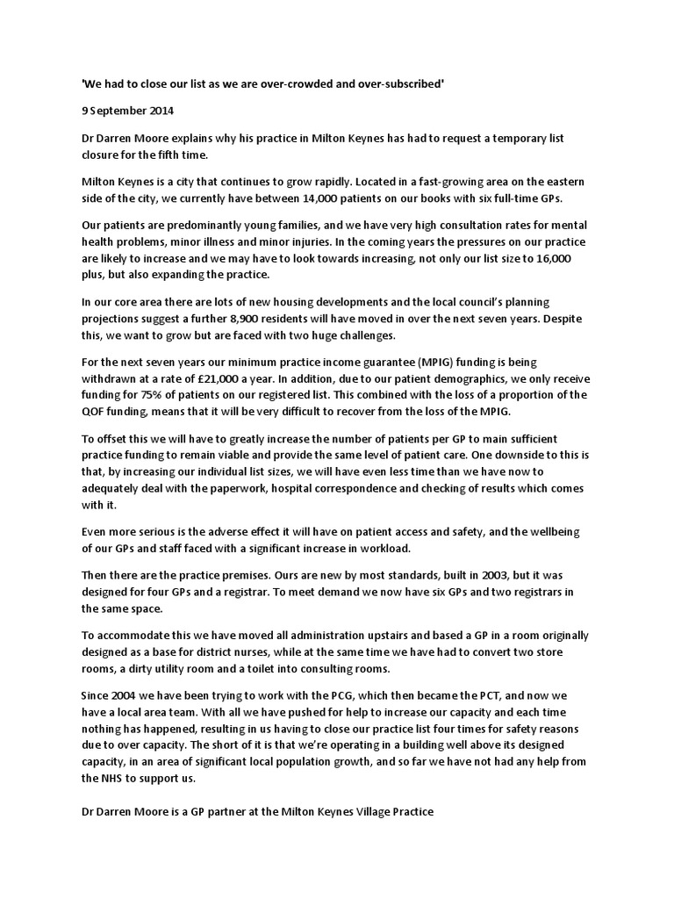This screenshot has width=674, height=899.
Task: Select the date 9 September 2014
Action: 127,111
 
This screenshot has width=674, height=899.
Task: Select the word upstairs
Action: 376,636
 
